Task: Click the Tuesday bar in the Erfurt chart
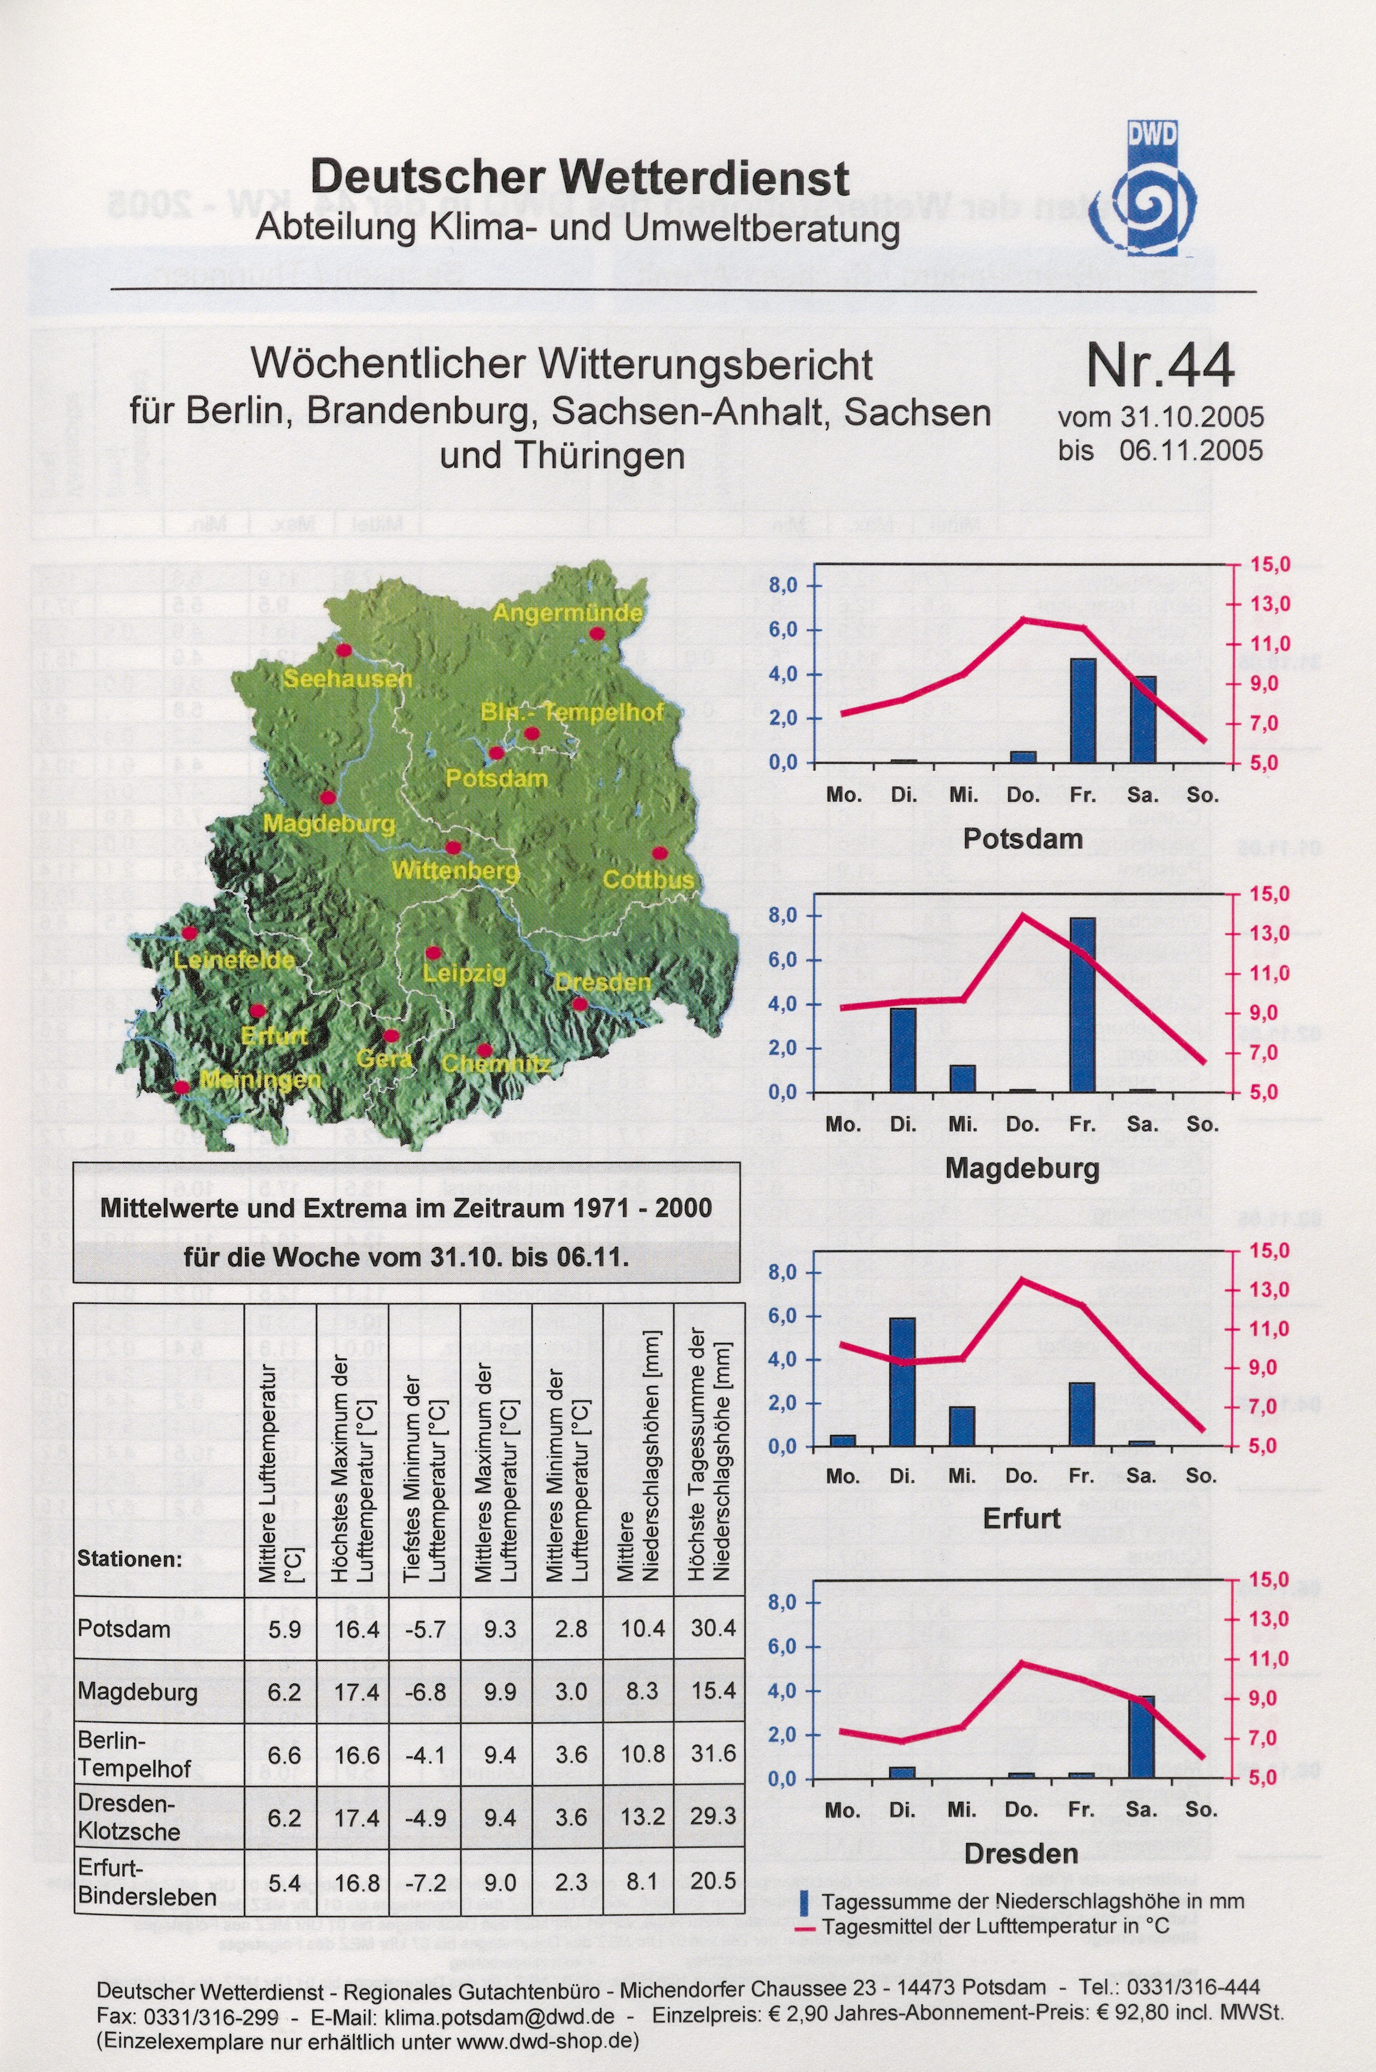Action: (902, 1381)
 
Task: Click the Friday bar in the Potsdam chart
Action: (1083, 710)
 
